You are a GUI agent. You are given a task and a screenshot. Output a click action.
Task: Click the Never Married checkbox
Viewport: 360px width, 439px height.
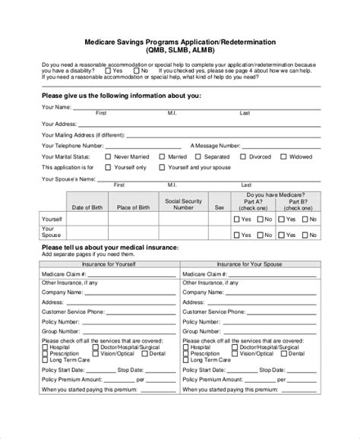coord(108,156)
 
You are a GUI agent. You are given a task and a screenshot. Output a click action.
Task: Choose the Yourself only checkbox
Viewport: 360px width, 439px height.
coord(108,166)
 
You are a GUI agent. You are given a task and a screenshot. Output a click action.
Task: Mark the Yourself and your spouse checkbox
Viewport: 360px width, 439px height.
coord(163,166)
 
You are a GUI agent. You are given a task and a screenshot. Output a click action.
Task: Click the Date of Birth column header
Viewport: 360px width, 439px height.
coord(85,207)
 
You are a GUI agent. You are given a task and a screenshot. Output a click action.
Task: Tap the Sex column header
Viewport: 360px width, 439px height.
coord(219,207)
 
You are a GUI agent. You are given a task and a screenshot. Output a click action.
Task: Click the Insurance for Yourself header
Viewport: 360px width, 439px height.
coord(110,264)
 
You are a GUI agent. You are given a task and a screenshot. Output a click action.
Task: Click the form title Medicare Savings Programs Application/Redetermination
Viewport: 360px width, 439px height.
coord(179,43)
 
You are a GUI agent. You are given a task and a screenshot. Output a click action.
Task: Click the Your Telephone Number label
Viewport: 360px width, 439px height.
coord(72,144)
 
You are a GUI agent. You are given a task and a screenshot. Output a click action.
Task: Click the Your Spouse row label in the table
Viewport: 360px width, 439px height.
coord(52,232)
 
